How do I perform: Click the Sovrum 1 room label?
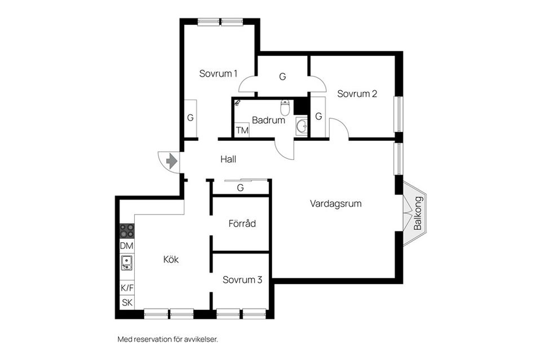218,73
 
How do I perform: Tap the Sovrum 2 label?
357,94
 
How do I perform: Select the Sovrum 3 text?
242,279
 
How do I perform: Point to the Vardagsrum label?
335,203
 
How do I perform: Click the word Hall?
228,159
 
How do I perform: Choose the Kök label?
171,260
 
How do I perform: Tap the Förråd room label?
242,224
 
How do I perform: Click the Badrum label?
269,120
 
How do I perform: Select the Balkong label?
418,214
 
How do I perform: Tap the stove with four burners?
127,231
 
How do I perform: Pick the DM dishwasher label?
127,246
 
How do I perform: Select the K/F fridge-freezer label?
127,288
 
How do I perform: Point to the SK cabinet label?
127,303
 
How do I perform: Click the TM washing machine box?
242,131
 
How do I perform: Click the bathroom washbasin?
301,126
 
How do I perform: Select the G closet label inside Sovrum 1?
190,118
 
